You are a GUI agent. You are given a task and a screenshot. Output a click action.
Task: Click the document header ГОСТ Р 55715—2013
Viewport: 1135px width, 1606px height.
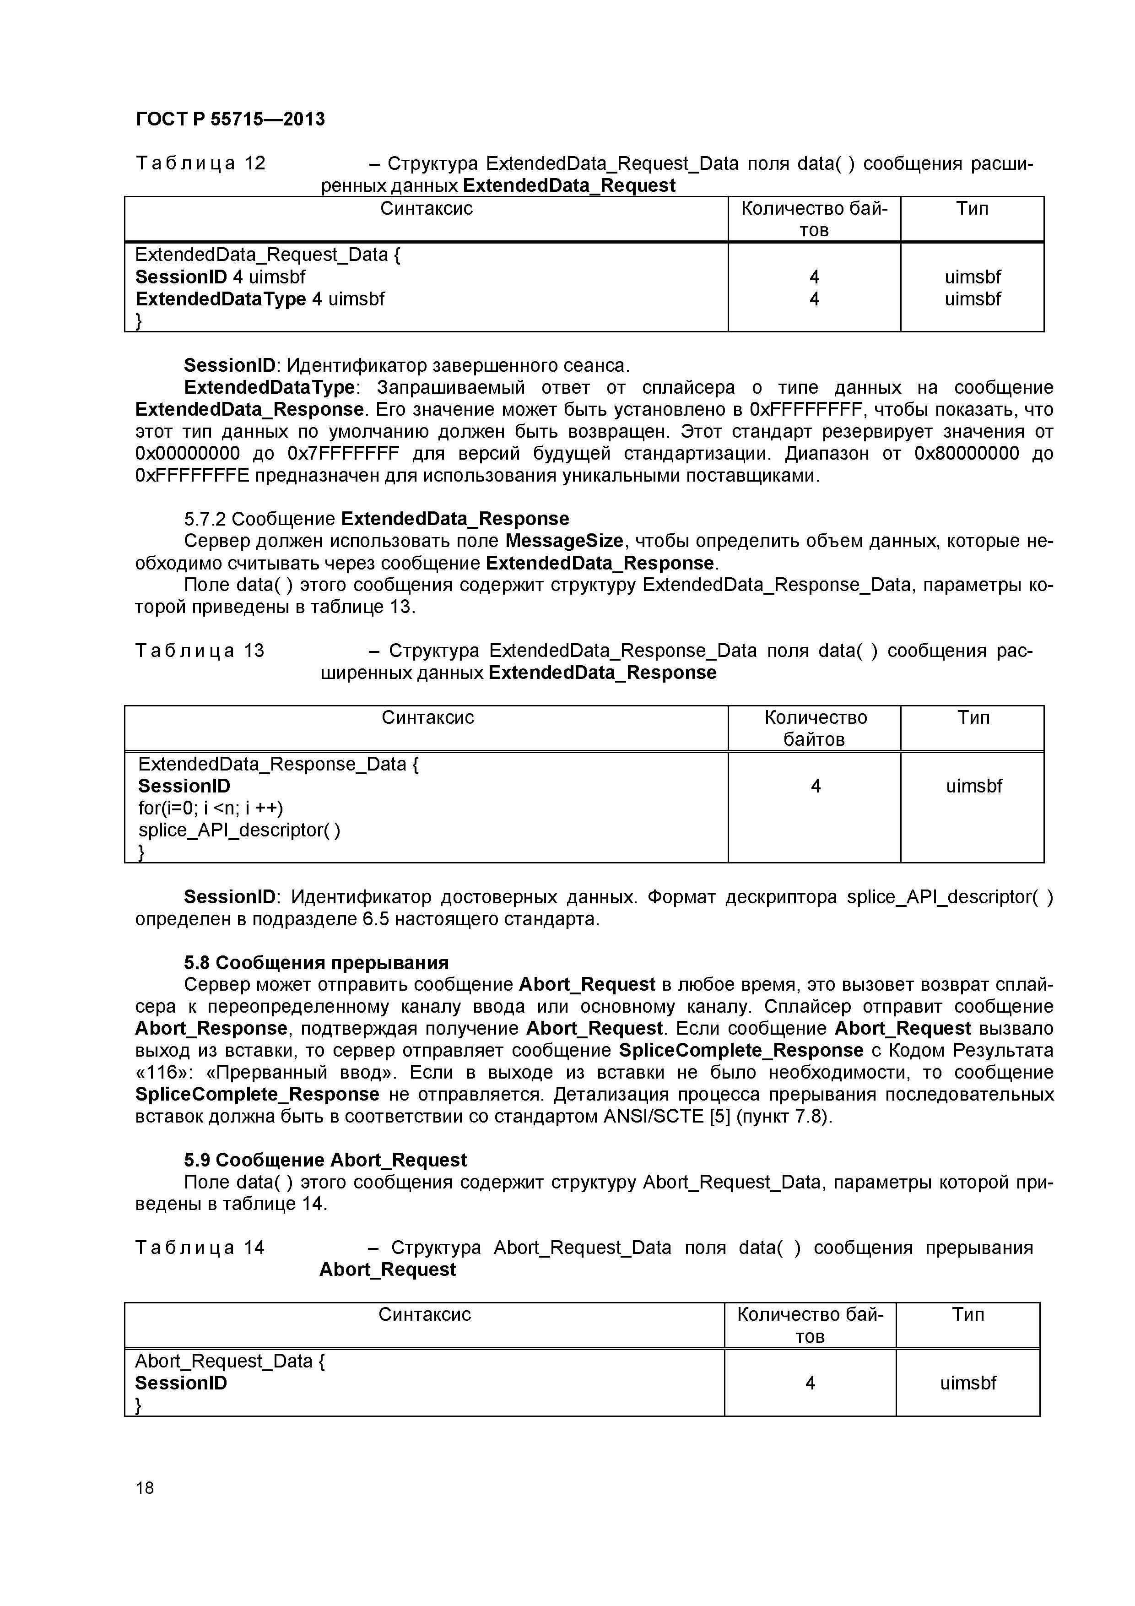tap(230, 119)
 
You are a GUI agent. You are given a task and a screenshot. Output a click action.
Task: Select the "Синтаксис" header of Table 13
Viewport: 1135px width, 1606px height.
tap(427, 718)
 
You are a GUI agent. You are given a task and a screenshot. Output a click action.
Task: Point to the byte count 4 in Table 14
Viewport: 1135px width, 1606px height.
tap(810, 1383)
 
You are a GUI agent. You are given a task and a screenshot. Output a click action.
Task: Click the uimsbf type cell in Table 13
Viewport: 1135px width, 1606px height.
tap(973, 786)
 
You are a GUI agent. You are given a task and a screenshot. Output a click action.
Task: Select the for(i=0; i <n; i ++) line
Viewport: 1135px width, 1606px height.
tap(211, 808)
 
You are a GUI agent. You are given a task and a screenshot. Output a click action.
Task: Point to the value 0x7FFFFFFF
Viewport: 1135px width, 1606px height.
tap(343, 454)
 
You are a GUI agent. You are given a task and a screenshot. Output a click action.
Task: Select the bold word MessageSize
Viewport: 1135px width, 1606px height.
tap(564, 542)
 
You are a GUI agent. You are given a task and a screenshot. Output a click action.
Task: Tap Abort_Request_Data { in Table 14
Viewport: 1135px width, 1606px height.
tap(229, 1361)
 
